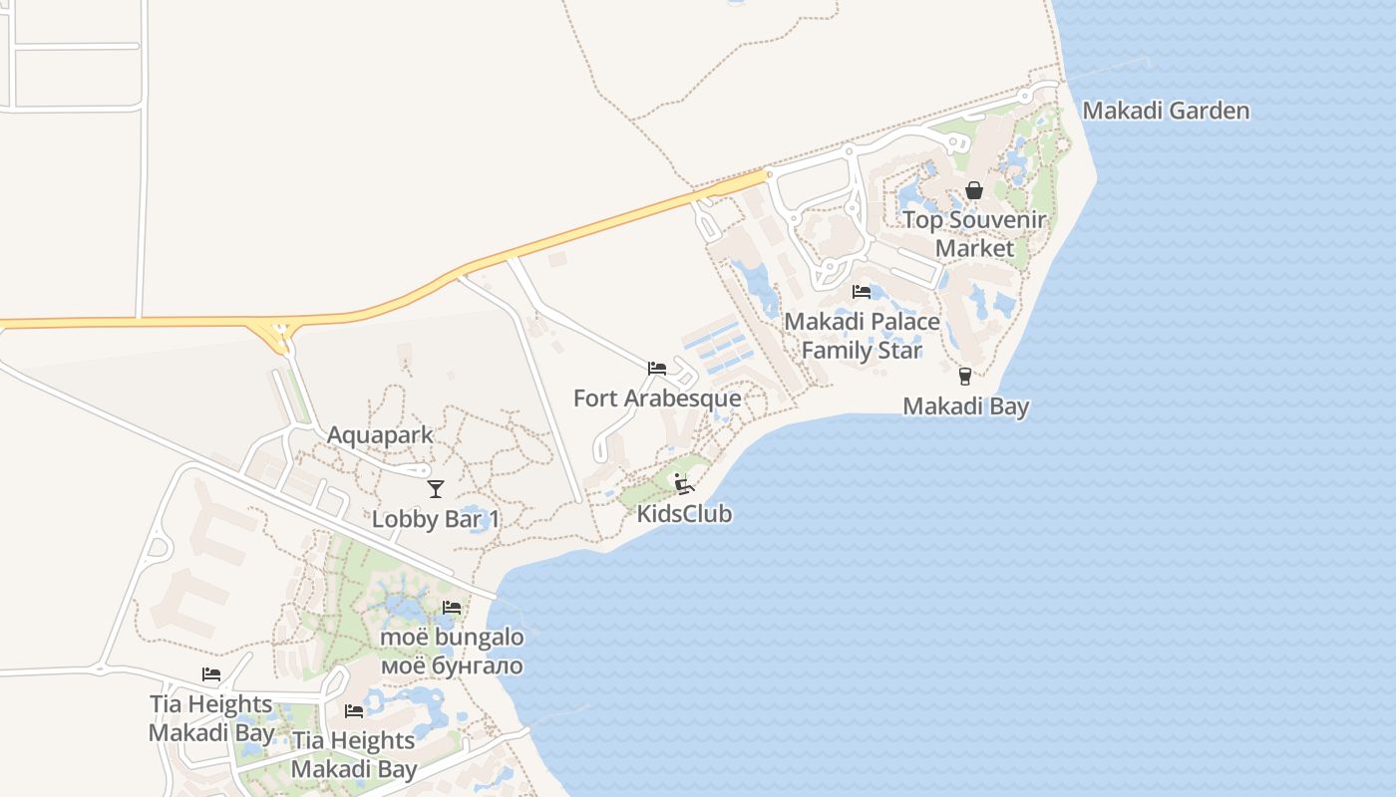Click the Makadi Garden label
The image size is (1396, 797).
[x=1166, y=110]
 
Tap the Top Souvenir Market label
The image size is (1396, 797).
[x=974, y=233]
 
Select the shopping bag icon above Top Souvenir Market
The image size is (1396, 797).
[x=974, y=190]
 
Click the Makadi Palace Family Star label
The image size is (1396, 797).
[x=862, y=336]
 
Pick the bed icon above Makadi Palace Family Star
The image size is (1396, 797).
[x=862, y=292]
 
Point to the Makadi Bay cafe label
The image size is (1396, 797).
[x=965, y=405]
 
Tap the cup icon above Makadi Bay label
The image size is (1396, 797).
[x=964, y=376]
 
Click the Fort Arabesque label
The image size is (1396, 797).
[x=657, y=398]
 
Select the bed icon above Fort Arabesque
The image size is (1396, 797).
[x=656, y=369]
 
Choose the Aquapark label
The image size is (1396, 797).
[x=380, y=435]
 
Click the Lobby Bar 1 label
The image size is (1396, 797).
[x=435, y=519]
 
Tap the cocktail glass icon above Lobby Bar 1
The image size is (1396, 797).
[x=435, y=488]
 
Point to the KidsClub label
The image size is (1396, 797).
[x=684, y=514]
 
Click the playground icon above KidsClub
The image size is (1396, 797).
[x=683, y=484]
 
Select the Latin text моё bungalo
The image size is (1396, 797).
[x=452, y=637]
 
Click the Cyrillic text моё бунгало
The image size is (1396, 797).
[x=452, y=664]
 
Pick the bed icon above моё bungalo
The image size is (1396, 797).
[x=452, y=607]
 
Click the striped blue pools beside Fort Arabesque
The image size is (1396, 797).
[x=717, y=349]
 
